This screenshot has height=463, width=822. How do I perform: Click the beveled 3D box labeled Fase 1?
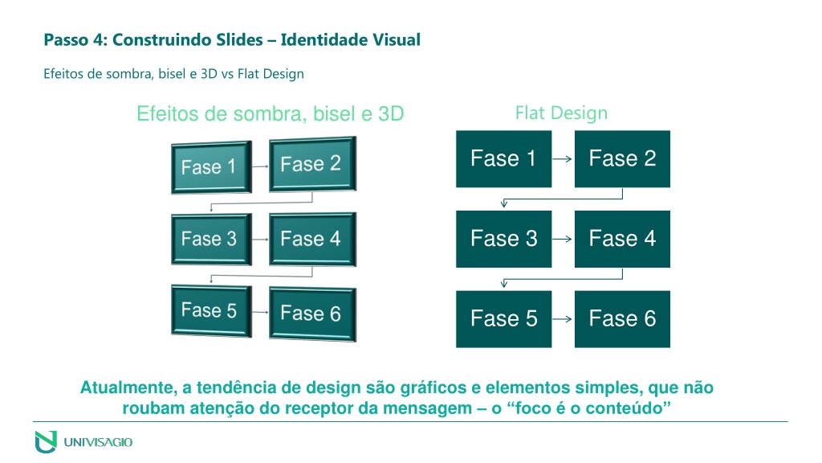pyautogui.click(x=211, y=167)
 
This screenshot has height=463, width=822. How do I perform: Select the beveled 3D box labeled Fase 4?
pyautogui.click(x=312, y=239)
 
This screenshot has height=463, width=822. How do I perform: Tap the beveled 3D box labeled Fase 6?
pyautogui.click(x=312, y=313)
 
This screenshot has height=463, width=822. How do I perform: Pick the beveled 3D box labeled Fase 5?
pyautogui.click(x=211, y=310)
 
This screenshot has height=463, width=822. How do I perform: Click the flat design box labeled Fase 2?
pyautogui.click(x=622, y=159)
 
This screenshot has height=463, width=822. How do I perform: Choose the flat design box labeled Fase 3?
pyautogui.click(x=504, y=239)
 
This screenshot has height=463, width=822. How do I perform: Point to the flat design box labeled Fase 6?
pyautogui.click(x=622, y=319)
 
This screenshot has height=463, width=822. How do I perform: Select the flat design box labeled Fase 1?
pyautogui.click(x=504, y=159)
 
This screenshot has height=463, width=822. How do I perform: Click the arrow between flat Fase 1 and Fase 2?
pyautogui.click(x=563, y=158)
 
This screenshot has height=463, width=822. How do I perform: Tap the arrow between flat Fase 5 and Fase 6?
pyautogui.click(x=563, y=318)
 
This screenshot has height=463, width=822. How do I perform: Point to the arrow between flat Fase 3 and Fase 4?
pyautogui.click(x=563, y=239)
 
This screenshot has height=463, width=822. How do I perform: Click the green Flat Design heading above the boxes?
pyautogui.click(x=561, y=113)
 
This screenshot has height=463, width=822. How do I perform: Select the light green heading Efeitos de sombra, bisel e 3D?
pyautogui.click(x=270, y=113)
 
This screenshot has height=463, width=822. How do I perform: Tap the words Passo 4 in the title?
pyautogui.click(x=75, y=40)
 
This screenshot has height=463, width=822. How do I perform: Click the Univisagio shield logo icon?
pyautogui.click(x=46, y=441)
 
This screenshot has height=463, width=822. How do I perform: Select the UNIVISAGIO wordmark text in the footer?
pyautogui.click(x=98, y=442)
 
